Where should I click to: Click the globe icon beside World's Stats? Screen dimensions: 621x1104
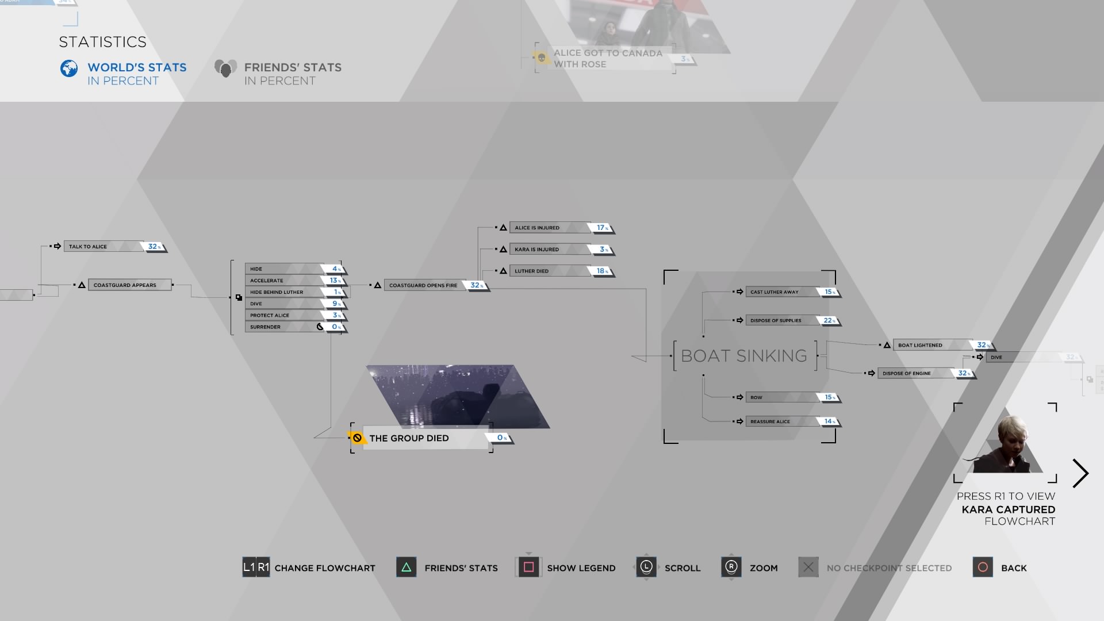tap(69, 69)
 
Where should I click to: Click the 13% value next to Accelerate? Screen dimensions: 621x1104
tap(335, 281)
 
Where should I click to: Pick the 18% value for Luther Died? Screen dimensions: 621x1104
tap(601, 271)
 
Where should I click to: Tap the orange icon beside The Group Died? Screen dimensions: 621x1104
tap(357, 438)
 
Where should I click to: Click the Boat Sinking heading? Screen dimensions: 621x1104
tap(744, 356)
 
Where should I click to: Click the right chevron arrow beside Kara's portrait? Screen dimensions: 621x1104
tap(1080, 473)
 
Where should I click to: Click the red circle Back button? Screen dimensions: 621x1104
tap(983, 568)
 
